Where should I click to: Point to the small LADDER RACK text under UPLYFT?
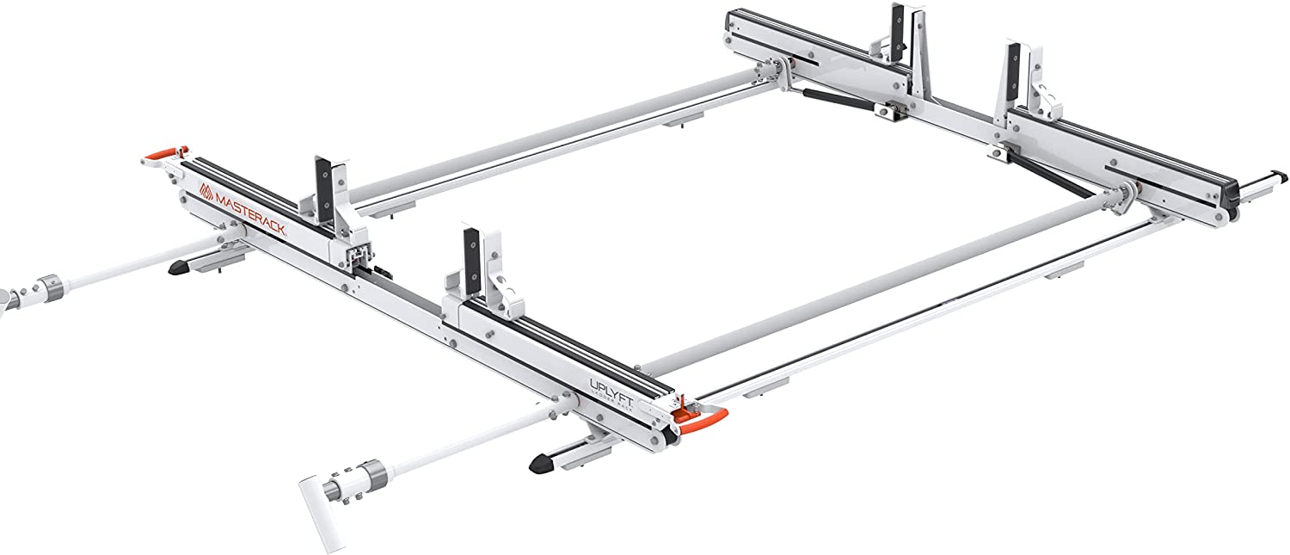click(616, 401)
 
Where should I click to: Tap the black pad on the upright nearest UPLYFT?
click(471, 250)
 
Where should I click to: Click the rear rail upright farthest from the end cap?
click(899, 34)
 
